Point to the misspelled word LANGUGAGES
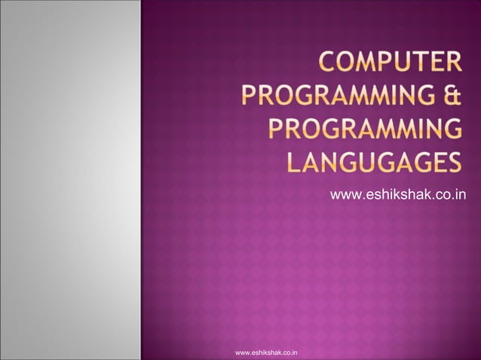pos(373,163)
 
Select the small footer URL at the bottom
pos(266,352)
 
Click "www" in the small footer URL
pos(243,352)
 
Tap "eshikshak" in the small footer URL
pos(267,352)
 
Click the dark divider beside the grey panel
pos(141,180)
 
